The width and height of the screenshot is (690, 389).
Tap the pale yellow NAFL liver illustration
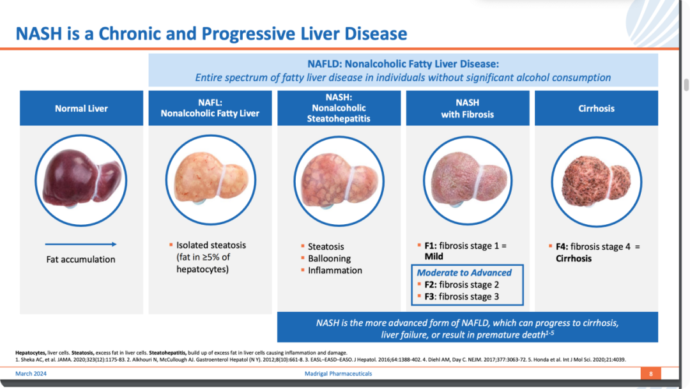coord(211,179)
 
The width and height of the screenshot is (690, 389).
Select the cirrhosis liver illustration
coord(596,181)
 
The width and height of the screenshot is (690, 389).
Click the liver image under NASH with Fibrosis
coord(468,179)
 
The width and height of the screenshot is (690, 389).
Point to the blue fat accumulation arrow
coord(81,244)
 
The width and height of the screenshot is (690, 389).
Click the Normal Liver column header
coord(81,108)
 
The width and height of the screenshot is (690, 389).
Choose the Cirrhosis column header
coord(596,108)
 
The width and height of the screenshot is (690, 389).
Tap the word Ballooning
coord(329,259)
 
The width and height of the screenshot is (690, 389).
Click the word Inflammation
coord(335,271)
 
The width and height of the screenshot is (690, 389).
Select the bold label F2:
coord(431,285)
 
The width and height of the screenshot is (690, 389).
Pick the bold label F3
coord(429,296)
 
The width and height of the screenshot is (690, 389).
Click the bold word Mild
coord(434,257)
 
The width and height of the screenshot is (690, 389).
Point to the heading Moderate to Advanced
coord(464,273)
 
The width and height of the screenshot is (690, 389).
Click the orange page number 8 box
coord(651,374)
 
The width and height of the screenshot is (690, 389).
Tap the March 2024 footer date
coord(31,374)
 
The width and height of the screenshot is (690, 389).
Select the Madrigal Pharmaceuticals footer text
coord(339,374)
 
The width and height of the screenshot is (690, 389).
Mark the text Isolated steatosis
coord(211,245)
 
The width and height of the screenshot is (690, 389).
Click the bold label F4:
coord(562,247)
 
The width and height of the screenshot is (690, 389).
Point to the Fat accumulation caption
coord(81,259)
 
